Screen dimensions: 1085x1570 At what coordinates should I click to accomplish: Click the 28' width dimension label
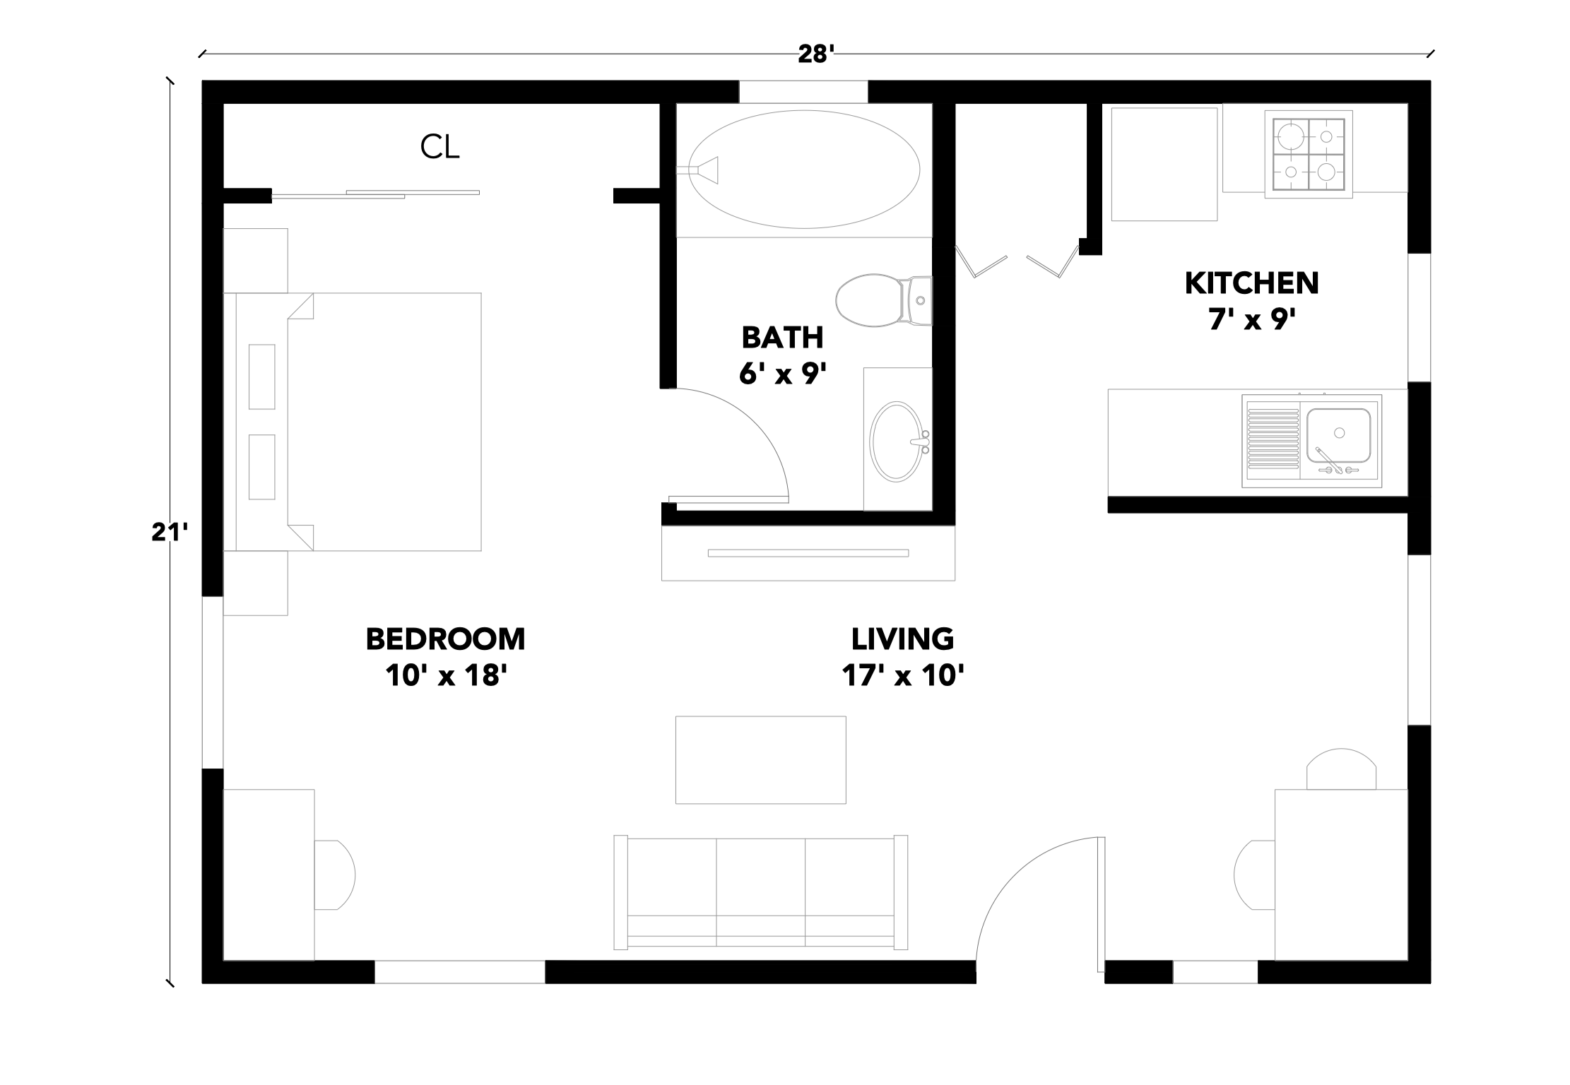pyautogui.click(x=816, y=54)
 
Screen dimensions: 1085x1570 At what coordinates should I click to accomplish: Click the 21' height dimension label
pyautogui.click(x=169, y=532)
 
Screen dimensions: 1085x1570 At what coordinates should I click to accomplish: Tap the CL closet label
pyautogui.click(x=439, y=147)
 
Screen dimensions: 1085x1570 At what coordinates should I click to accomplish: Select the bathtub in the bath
pyautogui.click(x=804, y=170)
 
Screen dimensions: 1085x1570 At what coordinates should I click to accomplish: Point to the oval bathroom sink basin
pyautogui.click(x=896, y=442)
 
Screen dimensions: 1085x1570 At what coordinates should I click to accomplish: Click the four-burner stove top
pyautogui.click(x=1309, y=154)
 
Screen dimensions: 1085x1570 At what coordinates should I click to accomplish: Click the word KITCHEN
pyautogui.click(x=1251, y=283)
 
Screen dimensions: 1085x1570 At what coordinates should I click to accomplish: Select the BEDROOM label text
pyautogui.click(x=445, y=639)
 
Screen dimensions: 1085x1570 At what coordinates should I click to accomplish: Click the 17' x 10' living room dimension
pyautogui.click(x=902, y=676)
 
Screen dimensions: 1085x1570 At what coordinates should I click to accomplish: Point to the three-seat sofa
pyautogui.click(x=760, y=893)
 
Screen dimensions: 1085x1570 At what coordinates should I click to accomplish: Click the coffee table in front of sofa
pyautogui.click(x=760, y=760)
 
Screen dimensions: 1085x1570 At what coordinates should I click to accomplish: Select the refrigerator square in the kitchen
pyautogui.click(x=1164, y=164)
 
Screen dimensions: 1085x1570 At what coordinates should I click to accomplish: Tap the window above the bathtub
pyautogui.click(x=803, y=92)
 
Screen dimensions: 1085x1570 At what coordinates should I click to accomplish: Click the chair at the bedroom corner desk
pyautogui.click(x=335, y=874)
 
